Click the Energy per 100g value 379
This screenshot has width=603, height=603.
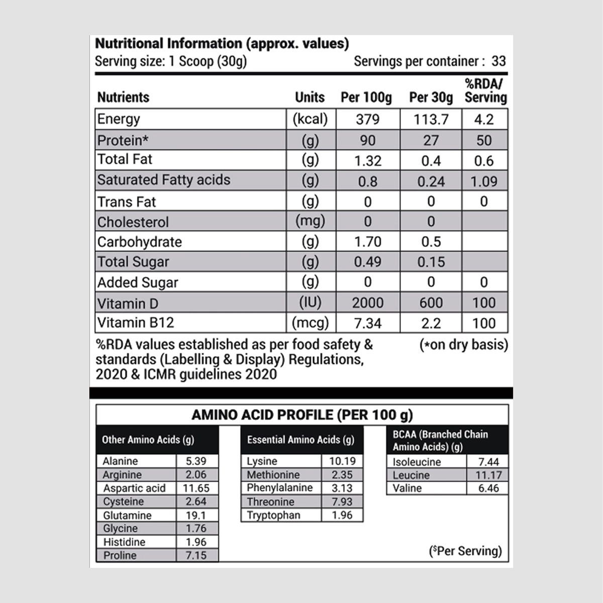(367, 120)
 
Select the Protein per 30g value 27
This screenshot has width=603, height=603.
(431, 140)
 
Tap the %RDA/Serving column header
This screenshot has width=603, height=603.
(485, 91)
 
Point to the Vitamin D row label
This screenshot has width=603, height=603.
(121, 304)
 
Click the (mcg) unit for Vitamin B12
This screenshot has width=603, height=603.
(310, 323)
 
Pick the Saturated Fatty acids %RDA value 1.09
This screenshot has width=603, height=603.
(484, 181)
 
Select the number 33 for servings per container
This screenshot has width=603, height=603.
(498, 61)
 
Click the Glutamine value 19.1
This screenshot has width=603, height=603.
(195, 515)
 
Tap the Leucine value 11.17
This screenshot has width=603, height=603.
(488, 475)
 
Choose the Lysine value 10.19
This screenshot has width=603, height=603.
(342, 461)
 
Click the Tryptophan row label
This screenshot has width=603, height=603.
(273, 515)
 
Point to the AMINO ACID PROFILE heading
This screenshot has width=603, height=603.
(302, 415)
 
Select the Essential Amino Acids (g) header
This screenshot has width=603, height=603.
(300, 440)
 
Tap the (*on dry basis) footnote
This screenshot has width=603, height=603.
(463, 345)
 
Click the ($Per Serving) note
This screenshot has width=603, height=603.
(465, 551)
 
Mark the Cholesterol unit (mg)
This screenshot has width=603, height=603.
(310, 221)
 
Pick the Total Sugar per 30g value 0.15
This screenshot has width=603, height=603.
(431, 262)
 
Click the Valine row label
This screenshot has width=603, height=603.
(407, 488)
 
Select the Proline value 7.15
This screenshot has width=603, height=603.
(195, 555)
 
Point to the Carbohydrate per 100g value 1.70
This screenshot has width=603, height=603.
(367, 242)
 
